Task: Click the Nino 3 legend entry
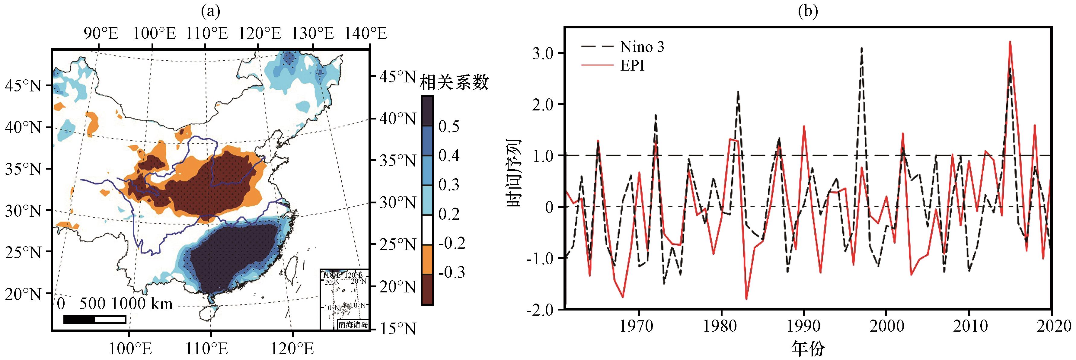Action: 642,46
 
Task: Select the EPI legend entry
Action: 632,65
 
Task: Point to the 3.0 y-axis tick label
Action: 543,53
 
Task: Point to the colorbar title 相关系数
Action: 454,82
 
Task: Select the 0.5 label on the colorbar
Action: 449,126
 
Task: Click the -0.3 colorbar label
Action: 451,272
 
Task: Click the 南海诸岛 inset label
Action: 353,324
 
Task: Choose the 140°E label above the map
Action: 366,33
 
